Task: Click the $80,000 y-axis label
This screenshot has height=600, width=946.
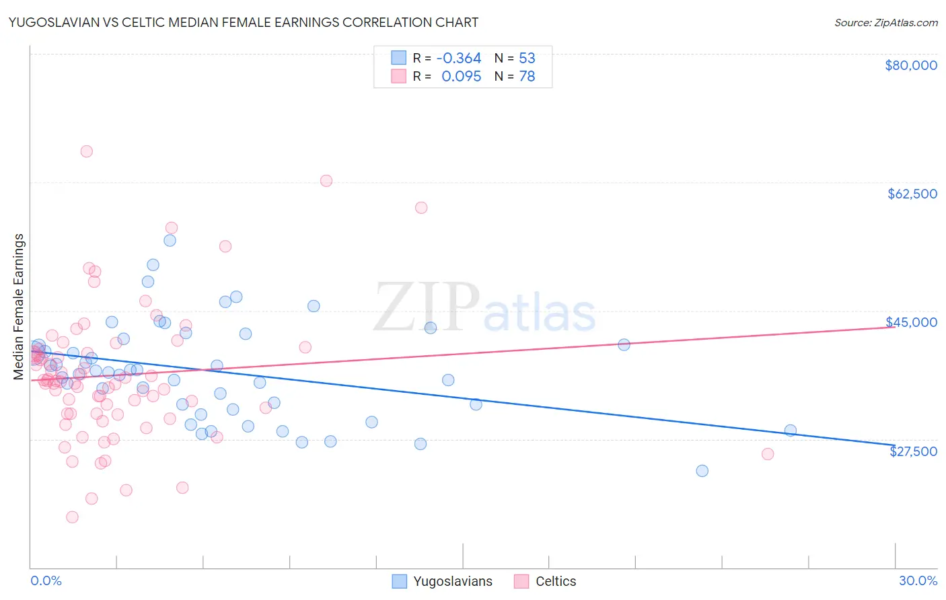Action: pyautogui.click(x=911, y=65)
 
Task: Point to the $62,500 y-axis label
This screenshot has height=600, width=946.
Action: pyautogui.click(x=912, y=194)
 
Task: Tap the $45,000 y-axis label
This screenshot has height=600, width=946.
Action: pyautogui.click(x=912, y=322)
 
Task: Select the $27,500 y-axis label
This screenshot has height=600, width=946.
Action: pyautogui.click(x=913, y=451)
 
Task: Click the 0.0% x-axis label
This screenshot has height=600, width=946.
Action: pyautogui.click(x=46, y=580)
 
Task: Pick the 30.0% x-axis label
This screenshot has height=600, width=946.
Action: pyautogui.click(x=918, y=580)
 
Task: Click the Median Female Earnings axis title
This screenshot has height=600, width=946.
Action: pyautogui.click(x=19, y=307)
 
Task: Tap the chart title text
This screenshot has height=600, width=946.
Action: pyautogui.click(x=244, y=22)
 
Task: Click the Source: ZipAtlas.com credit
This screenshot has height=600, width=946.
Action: pyautogui.click(x=885, y=22)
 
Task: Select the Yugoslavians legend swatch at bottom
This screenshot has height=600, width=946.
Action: pyautogui.click(x=399, y=581)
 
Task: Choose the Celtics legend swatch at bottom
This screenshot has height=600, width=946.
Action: pyautogui.click(x=521, y=581)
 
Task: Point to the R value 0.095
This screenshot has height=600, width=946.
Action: pyautogui.click(x=461, y=77)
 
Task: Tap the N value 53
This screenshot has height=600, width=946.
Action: pyautogui.click(x=527, y=59)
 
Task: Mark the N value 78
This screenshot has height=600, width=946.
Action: pyautogui.click(x=527, y=77)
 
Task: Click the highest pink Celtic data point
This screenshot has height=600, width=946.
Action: pyautogui.click(x=86, y=151)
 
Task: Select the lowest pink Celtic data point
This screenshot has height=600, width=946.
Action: pyautogui.click(x=72, y=517)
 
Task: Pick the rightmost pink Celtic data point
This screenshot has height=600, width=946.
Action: pyautogui.click(x=768, y=454)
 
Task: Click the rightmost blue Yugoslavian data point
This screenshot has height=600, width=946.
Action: pyautogui.click(x=791, y=430)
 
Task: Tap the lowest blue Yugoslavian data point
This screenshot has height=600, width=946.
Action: pyautogui.click(x=702, y=471)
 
